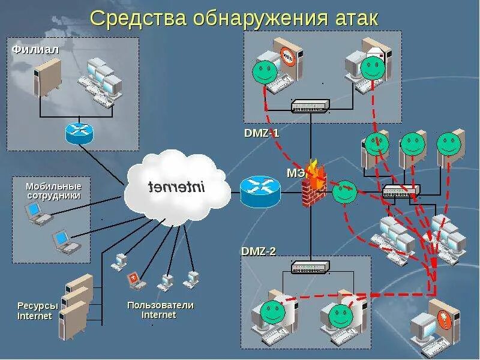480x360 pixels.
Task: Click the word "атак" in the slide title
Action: (x=353, y=18)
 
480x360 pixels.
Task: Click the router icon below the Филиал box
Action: (x=80, y=133)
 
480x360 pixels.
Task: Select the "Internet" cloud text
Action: (x=176, y=187)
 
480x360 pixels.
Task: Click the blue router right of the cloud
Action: (x=260, y=192)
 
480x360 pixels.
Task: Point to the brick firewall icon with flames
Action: (x=313, y=185)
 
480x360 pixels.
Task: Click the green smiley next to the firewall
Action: (x=345, y=192)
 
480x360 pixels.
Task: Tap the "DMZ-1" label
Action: (x=262, y=133)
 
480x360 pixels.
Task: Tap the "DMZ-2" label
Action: (x=259, y=251)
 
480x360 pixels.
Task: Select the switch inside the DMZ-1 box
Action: (x=310, y=107)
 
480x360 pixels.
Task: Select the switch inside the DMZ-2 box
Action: (x=310, y=268)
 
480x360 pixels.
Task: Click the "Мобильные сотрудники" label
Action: (x=53, y=191)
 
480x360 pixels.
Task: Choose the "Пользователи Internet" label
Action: (x=160, y=310)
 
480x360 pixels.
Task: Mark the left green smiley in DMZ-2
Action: (x=273, y=310)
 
